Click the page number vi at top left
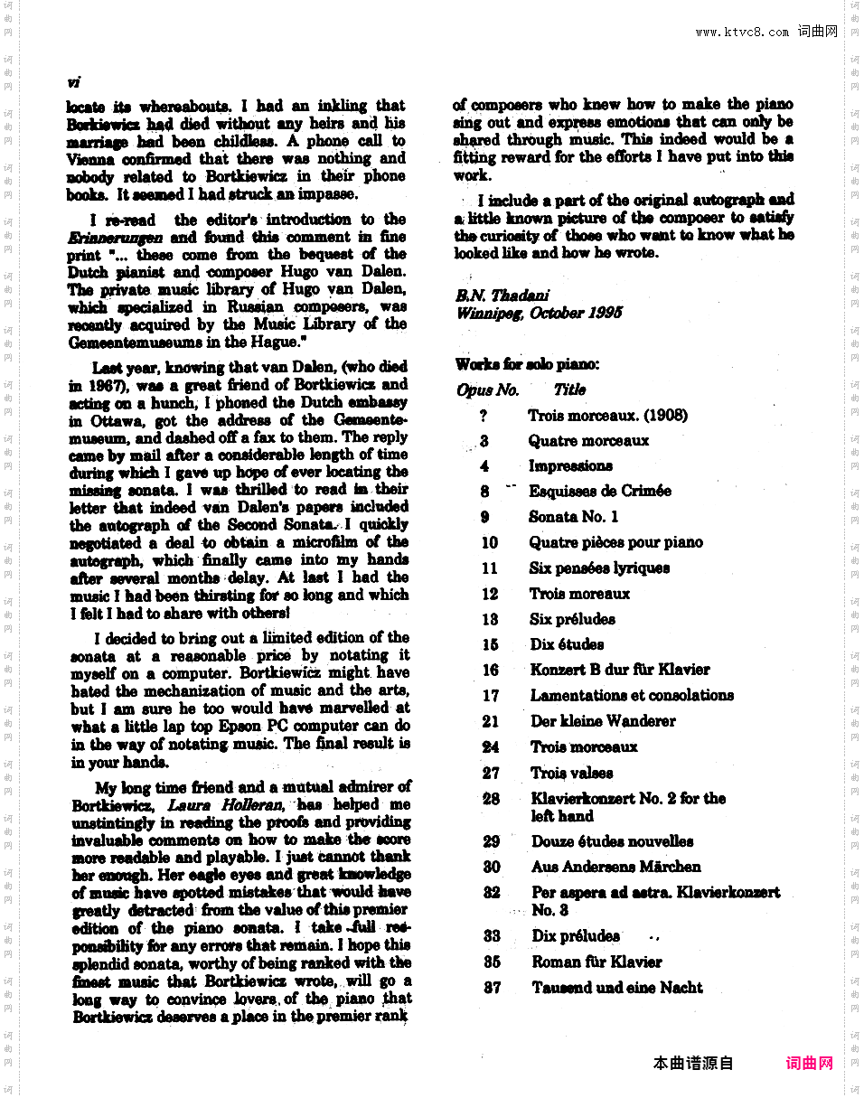(x=73, y=82)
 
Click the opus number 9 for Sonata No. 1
(x=485, y=517)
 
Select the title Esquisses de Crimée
(x=599, y=491)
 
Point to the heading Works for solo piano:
(x=527, y=364)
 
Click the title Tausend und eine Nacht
(x=616, y=988)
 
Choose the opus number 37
(x=492, y=988)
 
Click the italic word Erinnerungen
(x=116, y=238)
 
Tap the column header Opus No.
(x=488, y=390)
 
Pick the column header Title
(x=569, y=389)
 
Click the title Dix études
(x=567, y=644)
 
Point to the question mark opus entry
(x=484, y=416)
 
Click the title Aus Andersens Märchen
(x=615, y=867)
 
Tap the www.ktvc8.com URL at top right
(x=742, y=33)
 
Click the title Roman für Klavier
(x=596, y=962)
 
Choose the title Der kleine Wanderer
(x=603, y=721)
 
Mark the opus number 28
(x=491, y=799)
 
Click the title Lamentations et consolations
(x=632, y=695)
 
